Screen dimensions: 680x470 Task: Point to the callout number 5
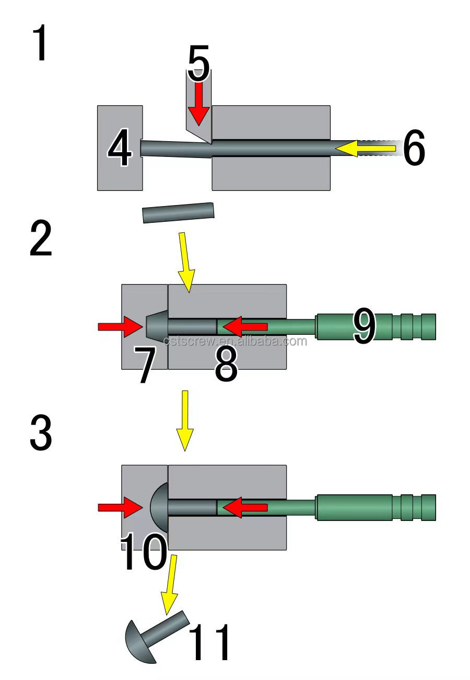coord(198,64)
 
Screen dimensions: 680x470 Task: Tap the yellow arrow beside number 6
coord(366,149)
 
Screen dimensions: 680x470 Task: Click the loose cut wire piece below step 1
coord(178,212)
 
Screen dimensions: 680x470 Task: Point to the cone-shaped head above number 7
coord(156,326)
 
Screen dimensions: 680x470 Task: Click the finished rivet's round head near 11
coord(139,642)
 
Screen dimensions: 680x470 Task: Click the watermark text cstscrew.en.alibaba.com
coord(235,342)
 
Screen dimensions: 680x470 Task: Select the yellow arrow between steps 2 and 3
coord(184,421)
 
